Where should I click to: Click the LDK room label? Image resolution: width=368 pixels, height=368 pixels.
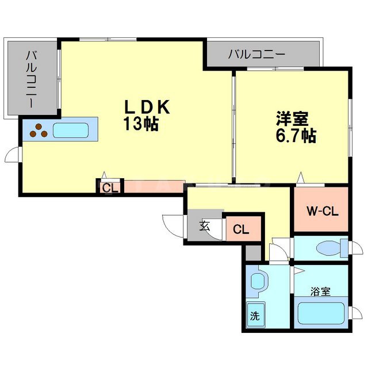coord(147,107)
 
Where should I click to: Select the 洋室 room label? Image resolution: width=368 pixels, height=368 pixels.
coord(292,120)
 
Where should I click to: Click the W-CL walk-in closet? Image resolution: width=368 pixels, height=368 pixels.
coord(321,210)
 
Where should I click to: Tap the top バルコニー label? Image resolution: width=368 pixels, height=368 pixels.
coord(256,55)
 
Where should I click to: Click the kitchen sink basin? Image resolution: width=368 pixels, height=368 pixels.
coord(71,130)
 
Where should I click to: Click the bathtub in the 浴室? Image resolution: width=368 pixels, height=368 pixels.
coord(321,315)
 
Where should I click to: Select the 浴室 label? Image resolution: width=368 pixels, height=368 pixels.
coord(321,291)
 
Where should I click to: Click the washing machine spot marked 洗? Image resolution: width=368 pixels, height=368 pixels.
coord(255,315)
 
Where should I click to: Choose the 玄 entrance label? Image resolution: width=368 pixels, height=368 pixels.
coord(205,225)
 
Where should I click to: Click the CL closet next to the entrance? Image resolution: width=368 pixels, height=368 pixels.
coord(241,230)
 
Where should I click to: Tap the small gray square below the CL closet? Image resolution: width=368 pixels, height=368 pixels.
coord(253,252)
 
